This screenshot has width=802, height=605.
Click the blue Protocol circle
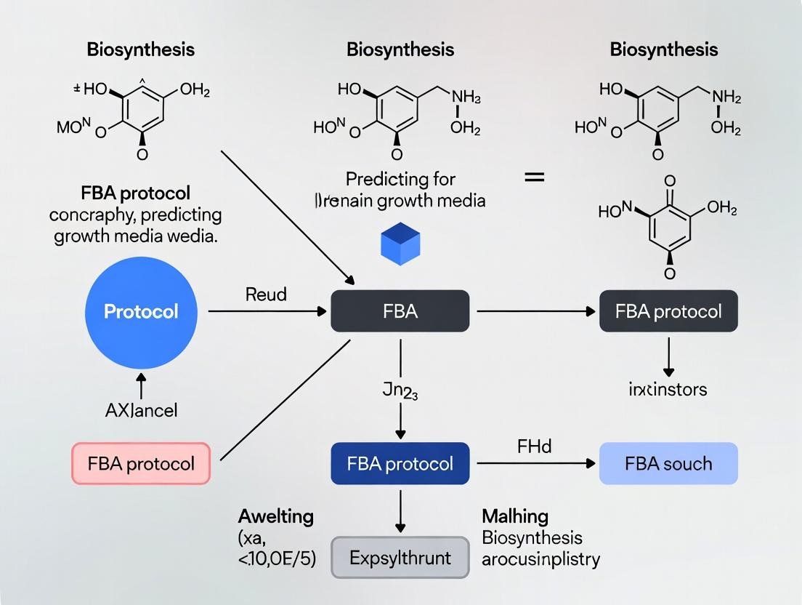point(141,311)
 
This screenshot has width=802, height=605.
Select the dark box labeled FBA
point(400,311)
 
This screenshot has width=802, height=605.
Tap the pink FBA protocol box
point(141,463)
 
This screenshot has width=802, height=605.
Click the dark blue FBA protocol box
point(400,463)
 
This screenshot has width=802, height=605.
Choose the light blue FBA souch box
point(668,463)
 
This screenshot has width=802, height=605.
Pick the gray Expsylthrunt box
point(400,558)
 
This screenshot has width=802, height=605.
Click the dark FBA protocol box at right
point(668,311)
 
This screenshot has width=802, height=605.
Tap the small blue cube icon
point(400,245)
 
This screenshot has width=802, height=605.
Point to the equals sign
point(534,177)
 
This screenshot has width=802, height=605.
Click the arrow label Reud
point(266,295)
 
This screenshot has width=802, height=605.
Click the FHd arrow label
point(534,446)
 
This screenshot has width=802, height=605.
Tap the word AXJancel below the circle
point(141,409)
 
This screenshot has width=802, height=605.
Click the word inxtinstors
point(667,389)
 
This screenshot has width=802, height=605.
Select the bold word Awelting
point(276,517)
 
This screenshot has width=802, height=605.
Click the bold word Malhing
point(514,517)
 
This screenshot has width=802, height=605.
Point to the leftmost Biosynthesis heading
point(141,49)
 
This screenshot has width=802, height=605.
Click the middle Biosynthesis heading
point(400,49)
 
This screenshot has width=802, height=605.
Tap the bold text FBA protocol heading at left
point(137,193)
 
